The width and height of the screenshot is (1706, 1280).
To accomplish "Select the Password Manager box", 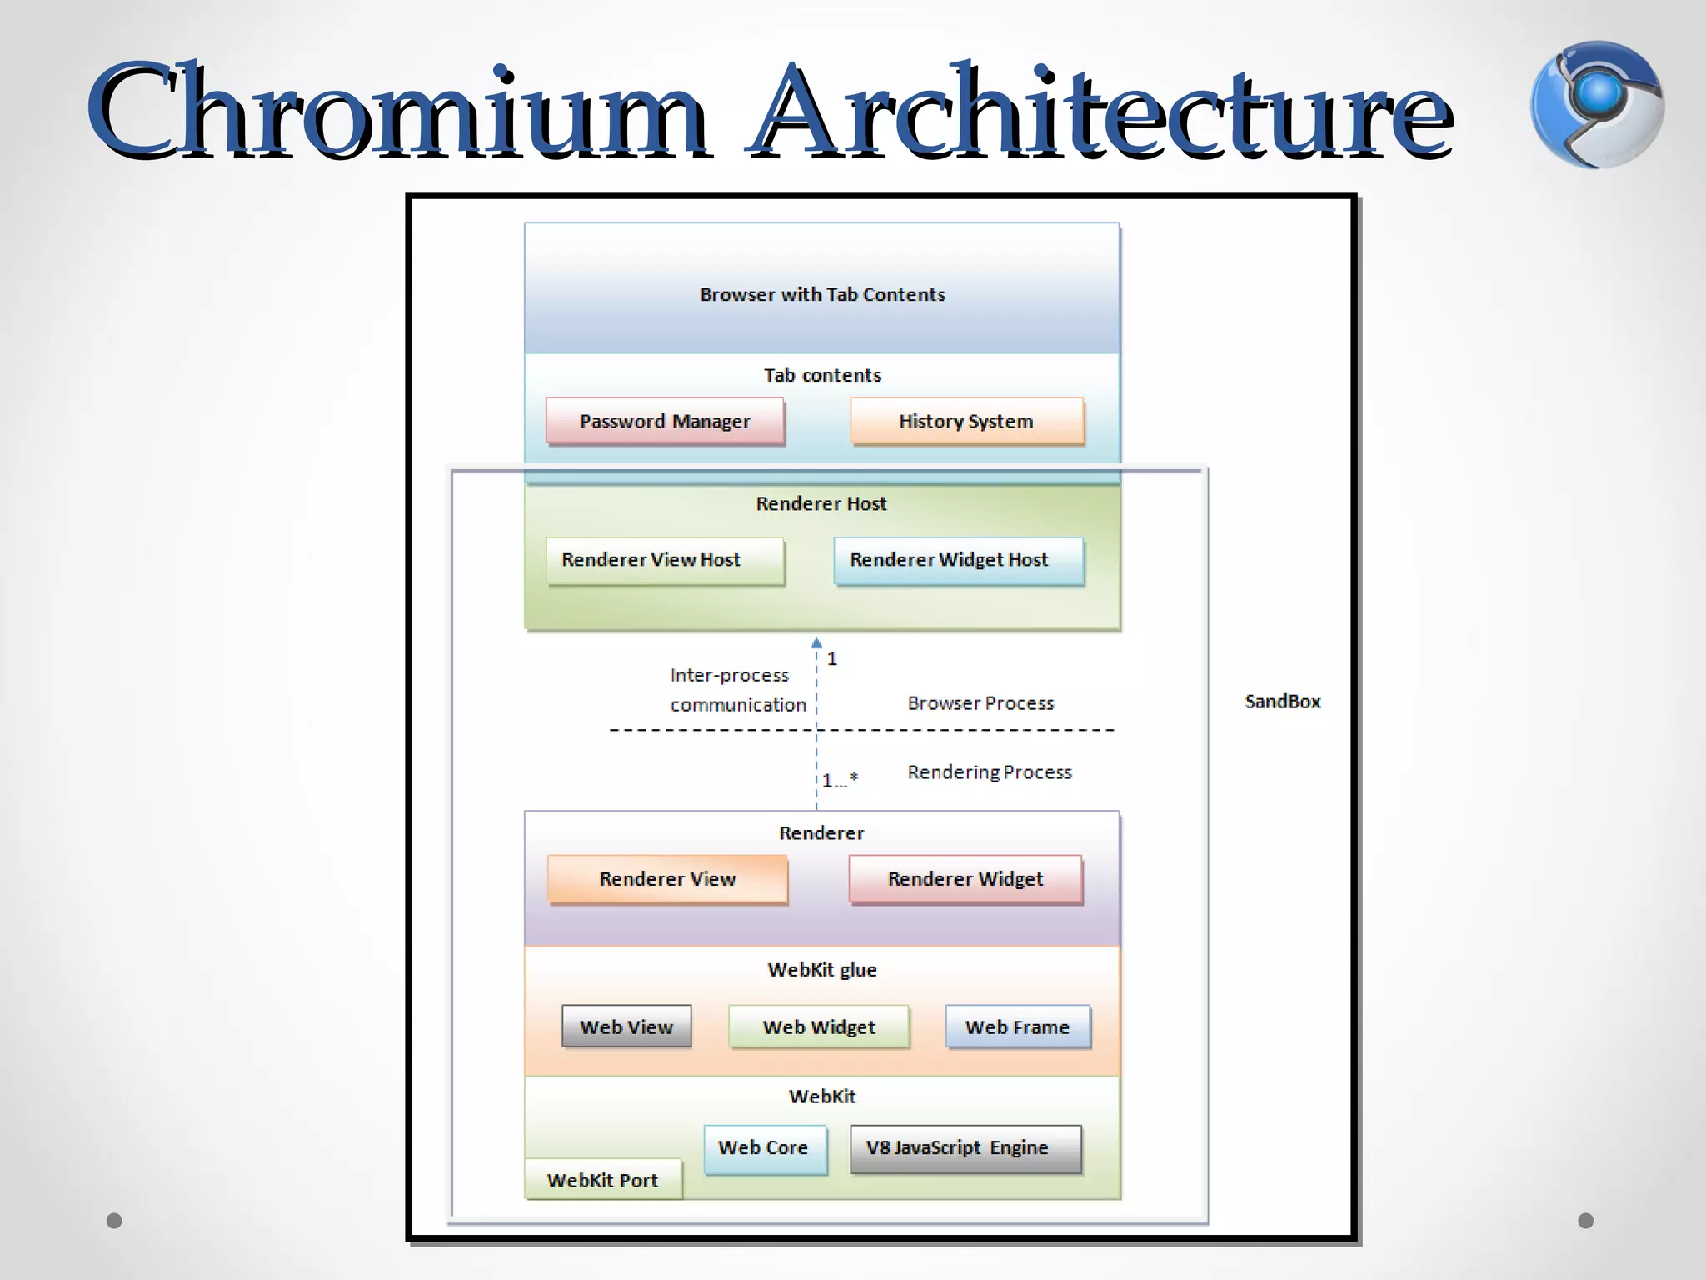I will [x=665, y=421].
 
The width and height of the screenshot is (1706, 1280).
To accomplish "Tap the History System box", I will [x=966, y=421].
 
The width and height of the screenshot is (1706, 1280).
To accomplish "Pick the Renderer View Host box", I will [x=665, y=560].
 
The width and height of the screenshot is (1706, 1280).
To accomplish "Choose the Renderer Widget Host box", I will [x=958, y=560].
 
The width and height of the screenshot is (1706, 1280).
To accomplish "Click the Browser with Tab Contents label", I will [x=822, y=294].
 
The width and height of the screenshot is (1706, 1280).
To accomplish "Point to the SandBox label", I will [x=1282, y=702].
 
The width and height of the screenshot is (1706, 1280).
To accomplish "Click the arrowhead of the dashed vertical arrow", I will [x=816, y=643].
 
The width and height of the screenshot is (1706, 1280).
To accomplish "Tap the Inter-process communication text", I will [x=737, y=690].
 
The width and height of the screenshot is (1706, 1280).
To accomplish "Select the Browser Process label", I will [x=980, y=703].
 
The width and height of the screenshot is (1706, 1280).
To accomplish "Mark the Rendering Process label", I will [x=989, y=772].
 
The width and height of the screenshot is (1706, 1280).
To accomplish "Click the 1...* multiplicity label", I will [x=840, y=781].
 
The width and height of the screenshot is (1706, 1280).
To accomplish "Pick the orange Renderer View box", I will [x=667, y=879].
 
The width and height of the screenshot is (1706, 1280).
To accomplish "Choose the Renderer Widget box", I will [x=965, y=879].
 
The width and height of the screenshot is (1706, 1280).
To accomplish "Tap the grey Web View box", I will [x=626, y=1027].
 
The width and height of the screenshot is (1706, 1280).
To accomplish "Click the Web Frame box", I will [x=1017, y=1027].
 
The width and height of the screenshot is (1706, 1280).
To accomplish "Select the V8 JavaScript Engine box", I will [x=965, y=1148].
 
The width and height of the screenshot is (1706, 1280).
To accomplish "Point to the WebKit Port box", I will [x=602, y=1180].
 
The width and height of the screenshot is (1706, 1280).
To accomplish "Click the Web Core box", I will [x=764, y=1148].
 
